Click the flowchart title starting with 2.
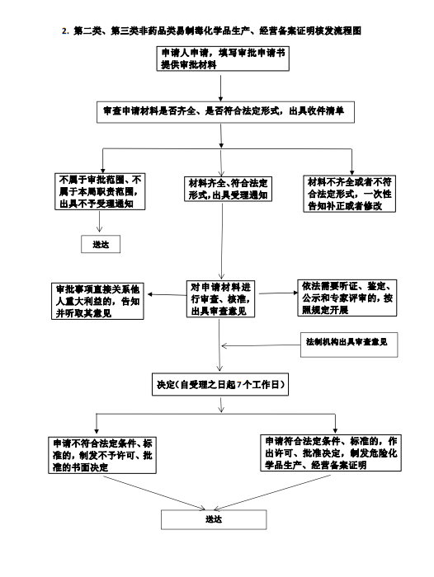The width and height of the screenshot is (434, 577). point(211,31)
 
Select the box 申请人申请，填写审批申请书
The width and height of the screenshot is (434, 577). point(223,59)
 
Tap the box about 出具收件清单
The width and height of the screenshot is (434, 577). point(225,112)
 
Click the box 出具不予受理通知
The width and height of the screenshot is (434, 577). point(100,191)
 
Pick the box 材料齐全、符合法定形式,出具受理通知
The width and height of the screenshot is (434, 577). point(228,189)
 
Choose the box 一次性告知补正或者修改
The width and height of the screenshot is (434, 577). point(349,194)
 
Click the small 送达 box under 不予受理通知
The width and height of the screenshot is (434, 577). point(101,244)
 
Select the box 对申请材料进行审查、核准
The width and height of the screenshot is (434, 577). point(220,298)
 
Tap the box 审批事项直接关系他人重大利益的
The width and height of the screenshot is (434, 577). point(97,301)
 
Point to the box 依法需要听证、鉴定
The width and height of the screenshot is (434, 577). point(347,298)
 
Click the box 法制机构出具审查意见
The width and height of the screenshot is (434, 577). point(349,345)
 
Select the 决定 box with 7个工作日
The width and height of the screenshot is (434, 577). point(220,385)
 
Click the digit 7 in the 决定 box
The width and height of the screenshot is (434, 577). point(238,385)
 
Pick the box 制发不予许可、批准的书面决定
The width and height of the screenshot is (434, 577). point(102,455)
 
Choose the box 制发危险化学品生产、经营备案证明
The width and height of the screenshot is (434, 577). point(331,453)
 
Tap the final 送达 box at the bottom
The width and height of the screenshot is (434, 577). point(214,519)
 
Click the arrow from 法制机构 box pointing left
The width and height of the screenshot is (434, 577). point(261,345)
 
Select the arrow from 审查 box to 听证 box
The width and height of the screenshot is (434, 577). point(278,293)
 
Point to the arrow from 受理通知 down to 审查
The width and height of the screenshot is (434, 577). point(221,241)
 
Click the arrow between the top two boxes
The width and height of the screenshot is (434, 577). point(220,88)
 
